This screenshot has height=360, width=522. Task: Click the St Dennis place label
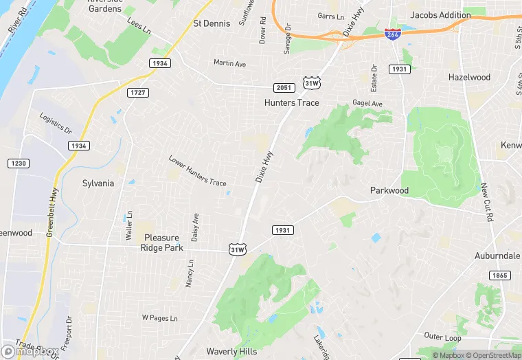[212, 23]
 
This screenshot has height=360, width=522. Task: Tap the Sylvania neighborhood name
[98, 183]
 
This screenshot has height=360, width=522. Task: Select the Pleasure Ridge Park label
[163, 243]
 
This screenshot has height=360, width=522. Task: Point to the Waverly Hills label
[231, 351]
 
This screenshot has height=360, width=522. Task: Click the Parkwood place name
[389, 190]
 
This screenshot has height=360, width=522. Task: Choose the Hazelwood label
[469, 78]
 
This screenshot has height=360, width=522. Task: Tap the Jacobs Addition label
[441, 14]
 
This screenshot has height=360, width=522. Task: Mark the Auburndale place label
[497, 256]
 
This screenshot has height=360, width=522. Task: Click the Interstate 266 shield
[393, 34]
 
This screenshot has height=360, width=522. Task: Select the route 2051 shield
[284, 87]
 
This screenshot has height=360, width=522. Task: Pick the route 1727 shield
[137, 91]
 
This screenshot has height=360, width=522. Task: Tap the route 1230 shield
[18, 163]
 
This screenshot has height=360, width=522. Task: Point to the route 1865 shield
[500, 275]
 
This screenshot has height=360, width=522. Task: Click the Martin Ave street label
[229, 63]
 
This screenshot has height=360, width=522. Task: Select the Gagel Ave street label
[367, 103]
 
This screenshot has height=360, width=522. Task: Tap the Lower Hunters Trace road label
[197, 171]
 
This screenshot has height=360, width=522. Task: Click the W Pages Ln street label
[159, 318]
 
